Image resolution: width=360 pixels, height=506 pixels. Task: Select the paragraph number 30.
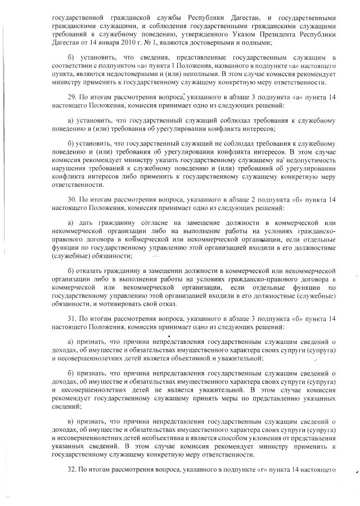pos(71,199)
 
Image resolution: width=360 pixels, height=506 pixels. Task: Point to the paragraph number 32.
pos(71,469)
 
